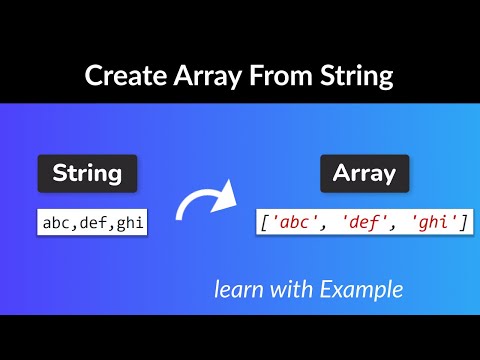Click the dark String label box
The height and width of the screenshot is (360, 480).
pyautogui.click(x=87, y=174)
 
